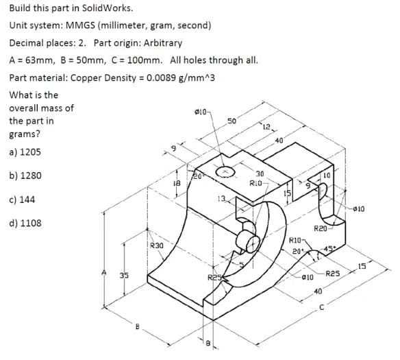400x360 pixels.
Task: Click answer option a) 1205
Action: point(25,152)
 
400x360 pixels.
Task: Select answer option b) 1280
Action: point(25,176)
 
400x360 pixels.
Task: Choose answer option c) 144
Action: point(22,200)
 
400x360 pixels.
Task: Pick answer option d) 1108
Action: point(25,223)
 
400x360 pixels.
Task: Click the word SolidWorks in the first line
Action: point(108,8)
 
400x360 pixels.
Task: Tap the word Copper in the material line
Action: point(86,77)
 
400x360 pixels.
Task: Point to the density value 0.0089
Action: point(161,77)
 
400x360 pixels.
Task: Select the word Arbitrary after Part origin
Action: point(163,43)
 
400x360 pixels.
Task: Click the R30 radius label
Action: point(156,245)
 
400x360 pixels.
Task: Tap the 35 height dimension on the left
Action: point(125,276)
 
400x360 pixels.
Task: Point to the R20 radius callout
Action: point(320,228)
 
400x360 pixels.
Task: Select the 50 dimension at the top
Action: point(232,121)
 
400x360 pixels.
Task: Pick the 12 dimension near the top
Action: point(266,127)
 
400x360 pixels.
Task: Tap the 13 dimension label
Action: point(222,198)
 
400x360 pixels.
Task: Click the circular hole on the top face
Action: point(225,171)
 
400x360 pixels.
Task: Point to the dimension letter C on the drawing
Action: point(322,308)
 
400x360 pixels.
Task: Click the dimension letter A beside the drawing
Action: point(104,272)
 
